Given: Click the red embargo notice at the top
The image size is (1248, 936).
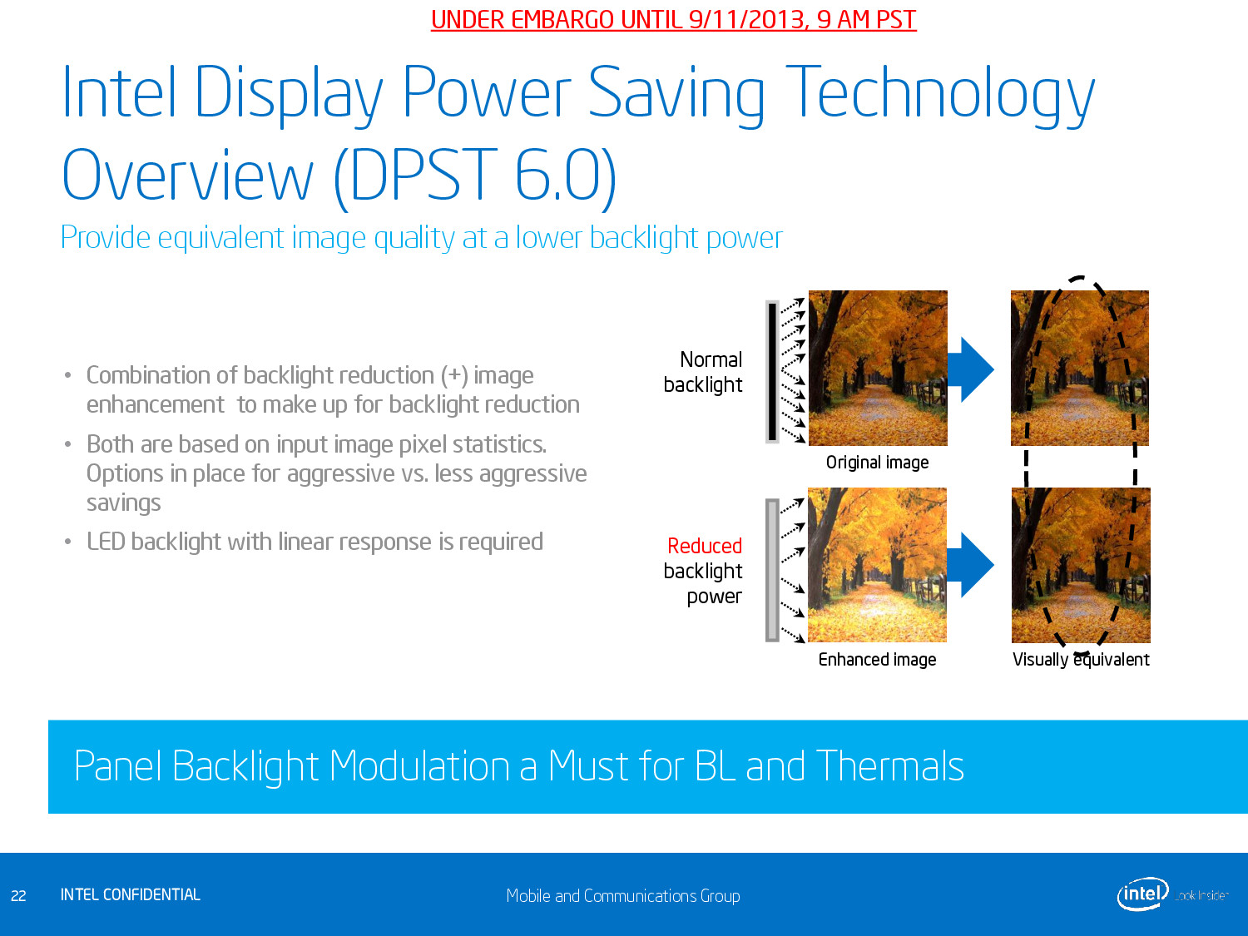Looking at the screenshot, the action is pyautogui.click(x=673, y=20).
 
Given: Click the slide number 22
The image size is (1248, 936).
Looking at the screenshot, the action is pyautogui.click(x=18, y=896).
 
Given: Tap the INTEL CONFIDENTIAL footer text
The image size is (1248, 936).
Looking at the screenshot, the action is pyautogui.click(x=130, y=894).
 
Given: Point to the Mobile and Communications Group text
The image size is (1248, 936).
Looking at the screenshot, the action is pyautogui.click(x=622, y=896).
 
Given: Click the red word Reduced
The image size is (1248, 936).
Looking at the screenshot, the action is pyautogui.click(x=705, y=546).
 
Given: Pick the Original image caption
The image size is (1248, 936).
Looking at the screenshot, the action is pyautogui.click(x=877, y=463).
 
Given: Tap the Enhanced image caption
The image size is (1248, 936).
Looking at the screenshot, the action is pyautogui.click(x=877, y=659).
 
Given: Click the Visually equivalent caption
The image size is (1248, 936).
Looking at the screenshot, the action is pyautogui.click(x=1080, y=659).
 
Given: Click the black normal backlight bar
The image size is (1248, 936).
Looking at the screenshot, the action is pyautogui.click(x=772, y=372).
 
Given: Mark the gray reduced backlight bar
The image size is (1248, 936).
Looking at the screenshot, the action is pyautogui.click(x=772, y=570).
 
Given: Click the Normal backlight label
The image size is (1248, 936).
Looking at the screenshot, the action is pyautogui.click(x=703, y=372).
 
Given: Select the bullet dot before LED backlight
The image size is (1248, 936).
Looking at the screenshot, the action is pyautogui.click(x=67, y=542).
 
